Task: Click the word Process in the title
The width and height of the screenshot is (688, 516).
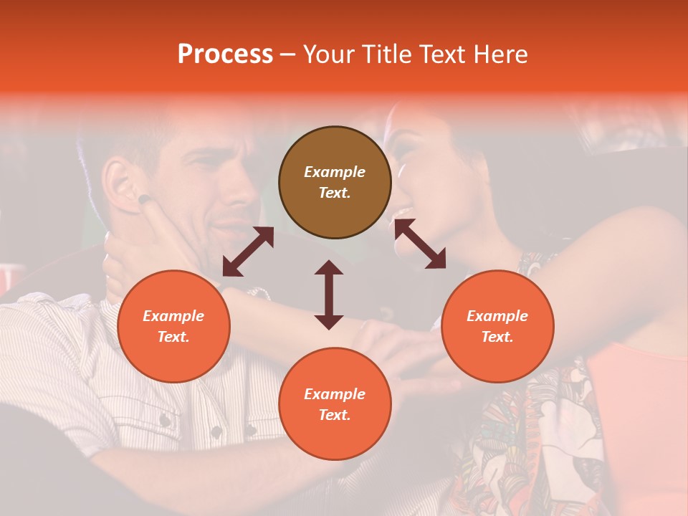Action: pyautogui.click(x=225, y=54)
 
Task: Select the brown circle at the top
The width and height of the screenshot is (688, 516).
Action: pyautogui.click(x=335, y=183)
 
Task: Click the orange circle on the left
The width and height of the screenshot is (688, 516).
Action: pyautogui.click(x=173, y=326)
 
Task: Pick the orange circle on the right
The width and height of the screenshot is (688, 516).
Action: pyautogui.click(x=497, y=326)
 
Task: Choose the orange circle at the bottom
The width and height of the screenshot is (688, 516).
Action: pyautogui.click(x=335, y=404)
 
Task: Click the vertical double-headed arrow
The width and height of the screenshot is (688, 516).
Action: pyautogui.click(x=329, y=295)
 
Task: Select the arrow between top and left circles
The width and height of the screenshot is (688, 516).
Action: pyautogui.click(x=248, y=252)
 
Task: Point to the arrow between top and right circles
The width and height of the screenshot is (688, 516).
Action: pyautogui.click(x=420, y=244)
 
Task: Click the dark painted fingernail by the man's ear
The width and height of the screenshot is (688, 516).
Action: pyautogui.click(x=144, y=199)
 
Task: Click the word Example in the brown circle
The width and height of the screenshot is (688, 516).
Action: pyautogui.click(x=335, y=172)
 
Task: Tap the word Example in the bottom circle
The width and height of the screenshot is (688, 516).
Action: pyautogui.click(x=335, y=394)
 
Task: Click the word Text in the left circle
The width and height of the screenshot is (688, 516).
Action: pyautogui.click(x=173, y=337)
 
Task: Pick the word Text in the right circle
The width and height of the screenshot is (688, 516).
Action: pyautogui.click(x=497, y=337)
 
